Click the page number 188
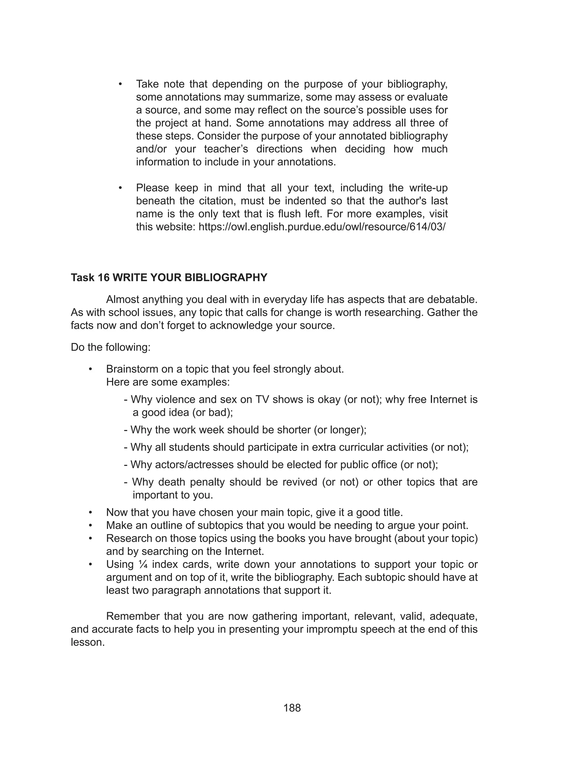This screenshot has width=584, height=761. click(x=292, y=708)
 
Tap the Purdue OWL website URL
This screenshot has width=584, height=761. click(x=322, y=227)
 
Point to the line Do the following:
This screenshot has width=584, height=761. click(x=111, y=347)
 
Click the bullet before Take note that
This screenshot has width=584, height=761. click(x=120, y=84)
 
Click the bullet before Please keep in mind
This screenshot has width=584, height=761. click(x=120, y=188)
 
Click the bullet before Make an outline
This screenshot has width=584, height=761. click(x=90, y=525)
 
